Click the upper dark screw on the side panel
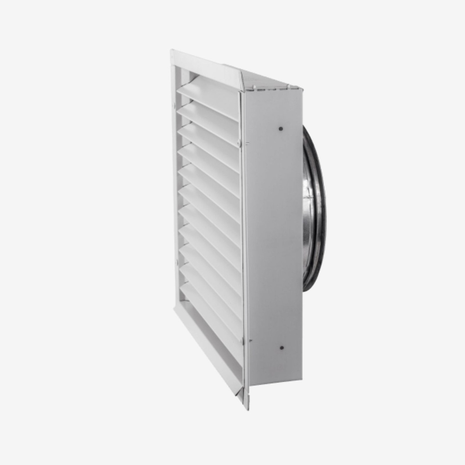click(x=280, y=129)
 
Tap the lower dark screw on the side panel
click(x=282, y=348)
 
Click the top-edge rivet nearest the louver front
click(x=254, y=87)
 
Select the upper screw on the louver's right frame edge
click(x=239, y=144)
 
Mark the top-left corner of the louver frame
click(x=173, y=52)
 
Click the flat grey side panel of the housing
click(x=272, y=236)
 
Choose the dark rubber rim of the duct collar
click(x=320, y=209)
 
